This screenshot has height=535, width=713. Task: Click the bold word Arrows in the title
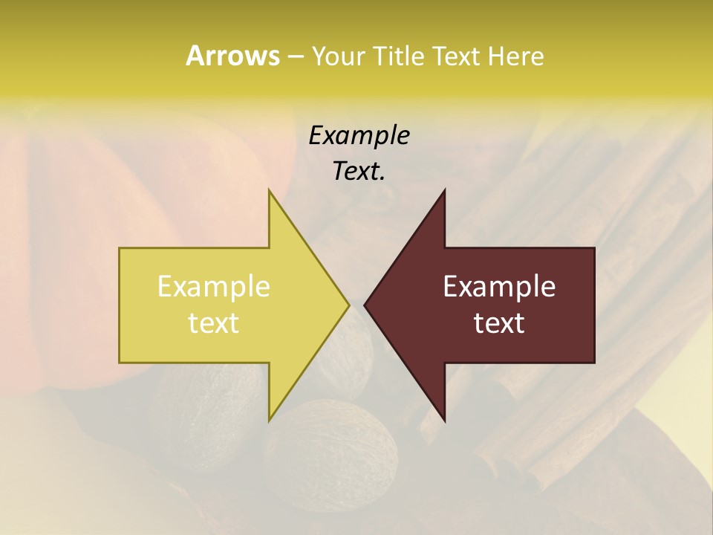point(232,56)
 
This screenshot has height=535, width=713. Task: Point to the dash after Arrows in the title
point(295,56)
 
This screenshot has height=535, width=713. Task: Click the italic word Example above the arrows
point(359,135)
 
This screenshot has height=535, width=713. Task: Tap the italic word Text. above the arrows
point(359,172)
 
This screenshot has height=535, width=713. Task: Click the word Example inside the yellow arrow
point(213,287)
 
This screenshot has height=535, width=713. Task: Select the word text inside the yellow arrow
point(213,323)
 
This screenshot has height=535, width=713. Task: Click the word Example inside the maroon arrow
point(499,287)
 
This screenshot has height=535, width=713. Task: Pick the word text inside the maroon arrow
point(499,323)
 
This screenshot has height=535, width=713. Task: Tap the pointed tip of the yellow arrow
point(348,305)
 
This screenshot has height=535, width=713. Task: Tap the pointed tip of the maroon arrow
point(365,305)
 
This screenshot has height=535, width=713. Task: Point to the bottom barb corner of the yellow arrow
point(270,420)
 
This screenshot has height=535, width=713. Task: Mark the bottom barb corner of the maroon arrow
point(444,421)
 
